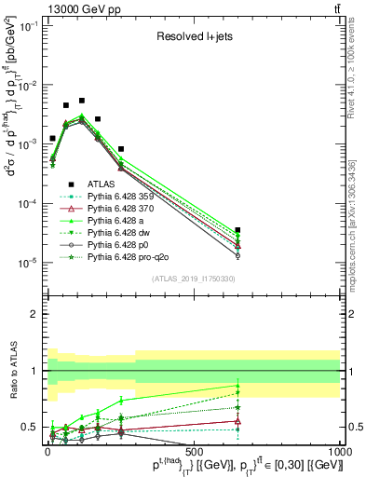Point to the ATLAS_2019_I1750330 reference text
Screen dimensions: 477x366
[x=193, y=279]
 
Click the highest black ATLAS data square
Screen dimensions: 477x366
[x=82, y=101]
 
